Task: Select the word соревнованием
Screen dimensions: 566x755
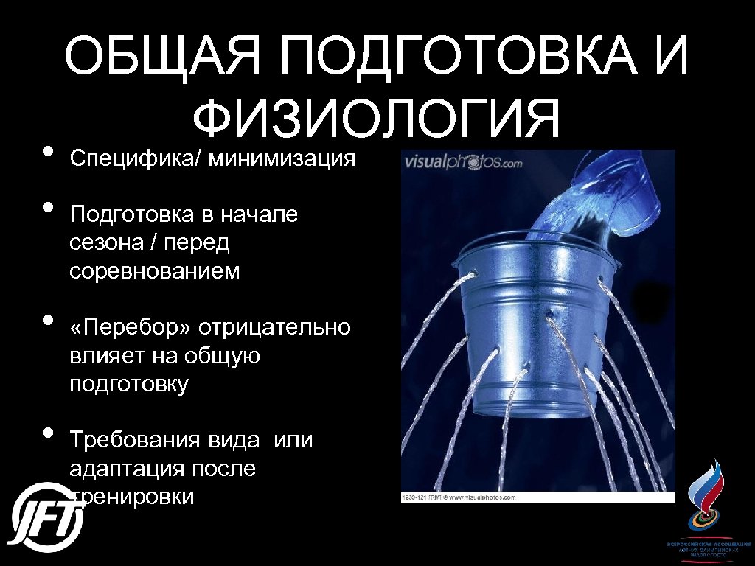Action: [155, 270]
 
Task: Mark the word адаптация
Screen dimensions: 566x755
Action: [125, 469]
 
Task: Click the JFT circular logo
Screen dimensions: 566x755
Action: [46, 515]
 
